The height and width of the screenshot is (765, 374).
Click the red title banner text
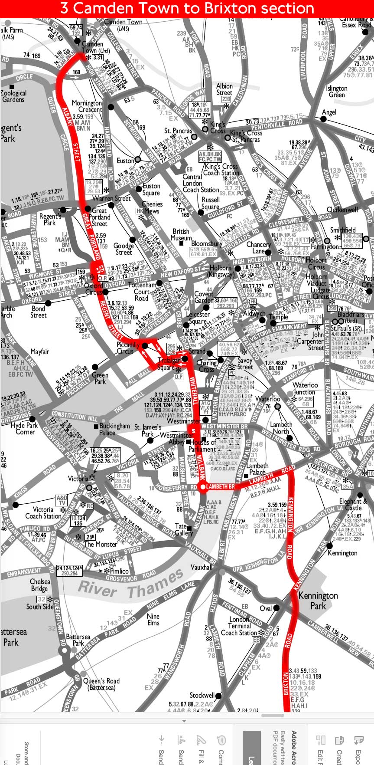[x=187, y=9]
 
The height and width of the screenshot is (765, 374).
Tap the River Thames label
[x=130, y=584]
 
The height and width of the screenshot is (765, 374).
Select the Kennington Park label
[x=318, y=601]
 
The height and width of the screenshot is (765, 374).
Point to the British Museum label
[x=181, y=235]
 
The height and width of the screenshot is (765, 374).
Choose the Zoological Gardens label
[x=13, y=96]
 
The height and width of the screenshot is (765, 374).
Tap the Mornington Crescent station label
[x=87, y=106]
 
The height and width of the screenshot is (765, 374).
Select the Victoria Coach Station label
[x=43, y=512]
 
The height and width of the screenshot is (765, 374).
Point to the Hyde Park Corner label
[x=25, y=429]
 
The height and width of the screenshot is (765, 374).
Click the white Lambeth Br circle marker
[x=203, y=487]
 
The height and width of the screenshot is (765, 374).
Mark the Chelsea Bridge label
[x=39, y=585]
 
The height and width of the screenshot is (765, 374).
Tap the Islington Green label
[x=337, y=91]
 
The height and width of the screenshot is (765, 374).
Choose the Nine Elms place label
[x=153, y=619]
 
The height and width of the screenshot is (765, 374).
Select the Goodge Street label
[x=124, y=249]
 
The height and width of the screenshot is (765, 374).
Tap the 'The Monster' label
[x=101, y=544]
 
